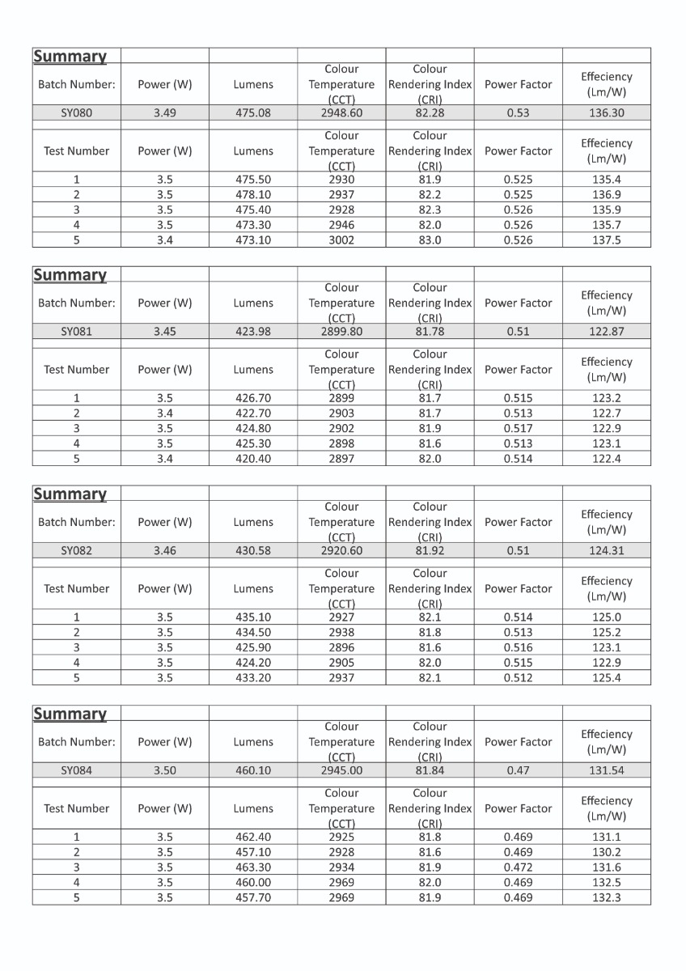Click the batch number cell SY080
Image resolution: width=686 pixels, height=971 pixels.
pos(77,113)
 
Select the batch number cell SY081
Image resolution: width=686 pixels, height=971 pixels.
pos(77,332)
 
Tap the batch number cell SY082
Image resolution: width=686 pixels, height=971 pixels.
pos(77,551)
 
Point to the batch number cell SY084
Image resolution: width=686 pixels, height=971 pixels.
pos(77,770)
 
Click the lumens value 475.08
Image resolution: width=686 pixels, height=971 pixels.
pos(253,113)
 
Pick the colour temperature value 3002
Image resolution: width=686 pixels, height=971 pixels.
pos(341,240)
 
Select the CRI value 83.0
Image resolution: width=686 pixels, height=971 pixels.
pos(430,240)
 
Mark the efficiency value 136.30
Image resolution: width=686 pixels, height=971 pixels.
pos(607,113)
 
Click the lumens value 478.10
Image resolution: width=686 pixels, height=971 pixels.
pos(253,195)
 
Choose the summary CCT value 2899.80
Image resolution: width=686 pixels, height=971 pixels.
pos(341,332)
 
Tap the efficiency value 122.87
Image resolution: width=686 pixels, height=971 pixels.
pos(607,332)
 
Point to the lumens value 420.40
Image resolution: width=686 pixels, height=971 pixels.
pos(253,459)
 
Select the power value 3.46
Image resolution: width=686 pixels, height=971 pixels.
pos(165,551)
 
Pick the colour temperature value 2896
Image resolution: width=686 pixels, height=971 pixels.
pos(341,647)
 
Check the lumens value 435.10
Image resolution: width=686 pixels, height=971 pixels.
pos(253,617)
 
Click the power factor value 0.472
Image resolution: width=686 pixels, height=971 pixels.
pos(519,867)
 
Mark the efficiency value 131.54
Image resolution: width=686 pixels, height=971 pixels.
pos(607,770)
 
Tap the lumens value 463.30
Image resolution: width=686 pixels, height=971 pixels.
pos(253,867)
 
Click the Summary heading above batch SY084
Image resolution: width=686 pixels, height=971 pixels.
pos(70,714)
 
